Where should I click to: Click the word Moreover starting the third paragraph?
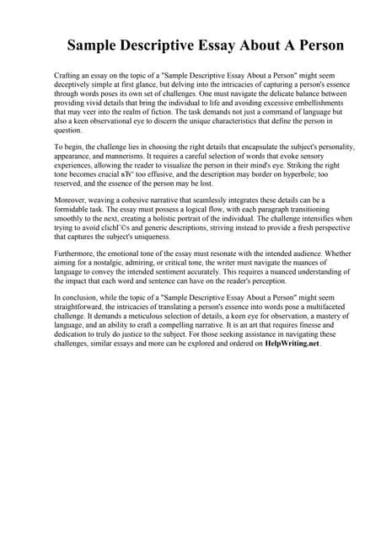click(71, 200)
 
